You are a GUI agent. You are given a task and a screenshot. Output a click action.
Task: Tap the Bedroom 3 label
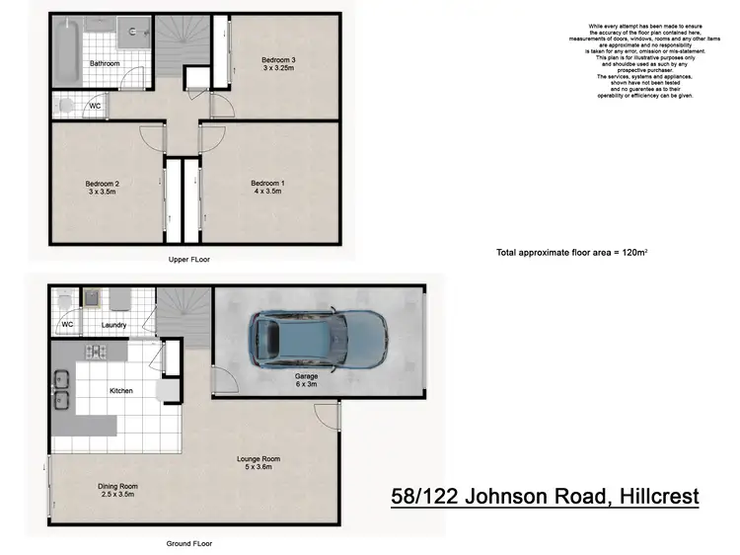278,65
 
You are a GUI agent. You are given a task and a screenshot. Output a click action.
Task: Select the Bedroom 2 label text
103,189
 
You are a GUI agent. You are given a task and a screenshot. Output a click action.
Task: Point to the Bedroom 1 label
266,189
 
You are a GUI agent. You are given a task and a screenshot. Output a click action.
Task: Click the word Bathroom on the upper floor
105,63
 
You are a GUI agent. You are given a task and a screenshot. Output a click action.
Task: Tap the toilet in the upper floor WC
66,104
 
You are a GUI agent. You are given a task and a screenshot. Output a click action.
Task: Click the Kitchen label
120,391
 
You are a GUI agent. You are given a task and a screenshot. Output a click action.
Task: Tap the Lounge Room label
259,463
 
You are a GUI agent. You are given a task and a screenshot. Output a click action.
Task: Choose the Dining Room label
117,491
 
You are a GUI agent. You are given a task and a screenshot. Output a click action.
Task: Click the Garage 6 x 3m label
307,381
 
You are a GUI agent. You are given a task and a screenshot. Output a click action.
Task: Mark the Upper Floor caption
190,259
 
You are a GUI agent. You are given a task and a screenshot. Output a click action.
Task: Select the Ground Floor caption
190,543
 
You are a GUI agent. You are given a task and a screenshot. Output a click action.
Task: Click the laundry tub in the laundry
93,298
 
